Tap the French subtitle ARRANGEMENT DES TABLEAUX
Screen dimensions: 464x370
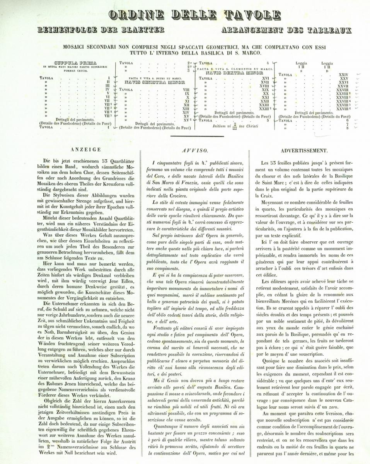click(x=286, y=30)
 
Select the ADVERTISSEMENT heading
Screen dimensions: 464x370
click(x=304, y=150)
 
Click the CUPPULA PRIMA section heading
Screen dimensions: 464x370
click(x=76, y=62)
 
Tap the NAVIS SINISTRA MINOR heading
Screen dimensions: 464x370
click(x=154, y=82)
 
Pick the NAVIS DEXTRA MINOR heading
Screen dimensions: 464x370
click(x=227, y=72)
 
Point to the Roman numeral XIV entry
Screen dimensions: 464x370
click(x=186, y=112)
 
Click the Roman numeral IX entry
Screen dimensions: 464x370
click(x=187, y=93)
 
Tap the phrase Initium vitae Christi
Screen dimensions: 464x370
click(x=229, y=126)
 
